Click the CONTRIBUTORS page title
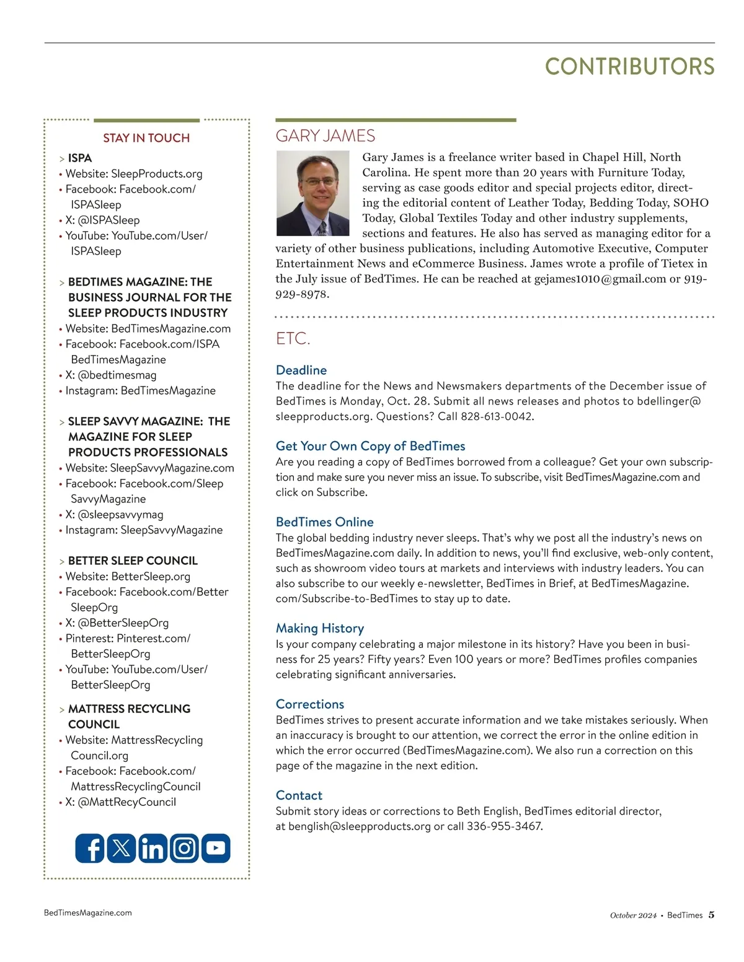tap(629, 67)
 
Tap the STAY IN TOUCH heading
tap(146, 138)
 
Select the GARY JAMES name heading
tap(325, 136)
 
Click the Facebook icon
tap(91, 848)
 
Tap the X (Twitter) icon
tap(122, 848)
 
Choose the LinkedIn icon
tap(153, 848)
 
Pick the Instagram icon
tap(184, 848)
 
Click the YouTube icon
tap(215, 848)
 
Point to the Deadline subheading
tap(301, 370)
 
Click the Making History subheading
tap(320, 629)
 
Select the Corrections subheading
tap(310, 704)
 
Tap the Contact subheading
tap(299, 795)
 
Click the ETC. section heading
tap(293, 339)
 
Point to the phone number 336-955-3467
tap(504, 826)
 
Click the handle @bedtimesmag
tap(117, 375)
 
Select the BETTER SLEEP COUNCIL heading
tap(133, 561)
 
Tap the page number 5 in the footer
tap(711, 915)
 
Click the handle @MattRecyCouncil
tap(127, 802)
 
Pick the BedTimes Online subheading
tap(325, 522)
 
